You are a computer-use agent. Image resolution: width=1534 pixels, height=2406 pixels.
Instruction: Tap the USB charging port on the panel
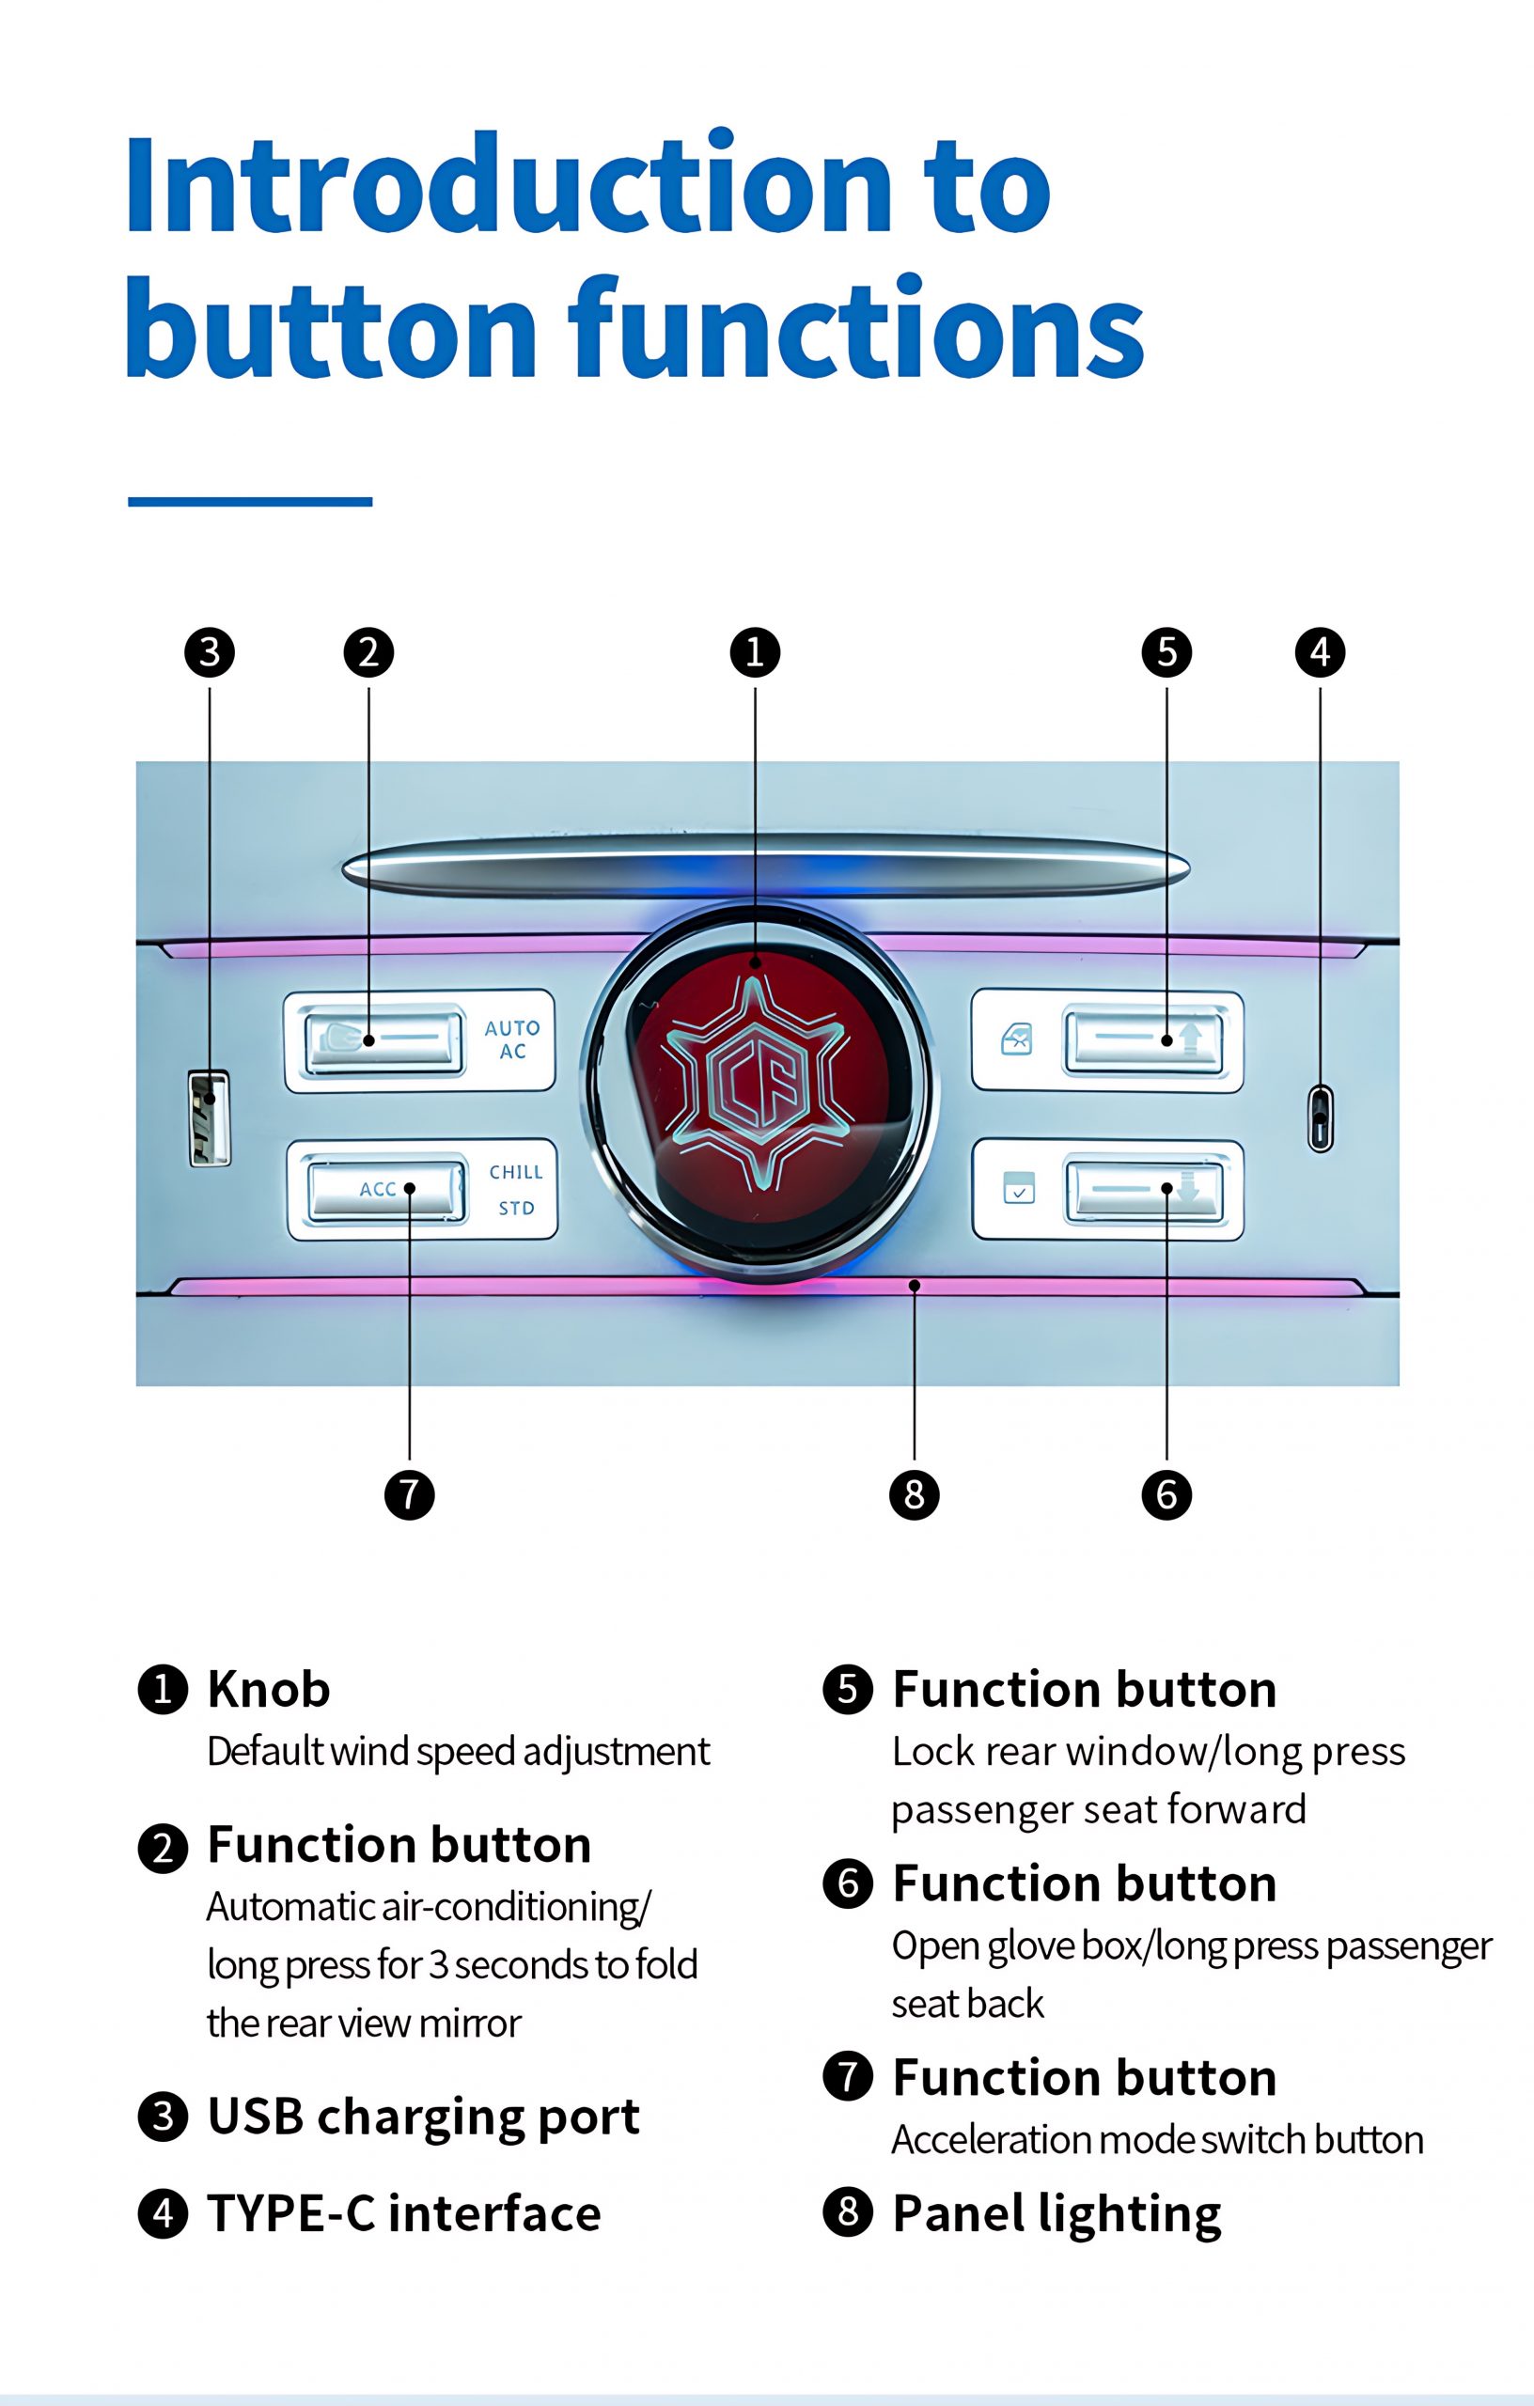click(209, 1117)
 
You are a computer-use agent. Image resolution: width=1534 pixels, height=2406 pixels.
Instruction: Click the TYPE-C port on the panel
click(1320, 1118)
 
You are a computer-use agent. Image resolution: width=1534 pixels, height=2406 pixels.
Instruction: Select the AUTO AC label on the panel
click(512, 1039)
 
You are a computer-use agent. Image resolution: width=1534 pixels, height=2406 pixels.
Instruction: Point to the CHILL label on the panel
click(516, 1171)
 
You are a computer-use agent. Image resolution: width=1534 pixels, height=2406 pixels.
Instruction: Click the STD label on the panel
click(517, 1208)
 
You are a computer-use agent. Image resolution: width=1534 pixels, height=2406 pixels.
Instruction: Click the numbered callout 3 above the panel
click(210, 652)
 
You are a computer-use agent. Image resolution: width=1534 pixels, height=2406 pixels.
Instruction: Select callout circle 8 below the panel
click(915, 1494)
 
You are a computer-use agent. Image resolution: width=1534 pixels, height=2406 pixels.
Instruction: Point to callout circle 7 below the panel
click(410, 1494)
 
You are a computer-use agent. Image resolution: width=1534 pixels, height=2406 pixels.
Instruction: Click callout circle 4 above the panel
click(1320, 652)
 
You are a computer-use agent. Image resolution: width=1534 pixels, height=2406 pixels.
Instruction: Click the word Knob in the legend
click(269, 1690)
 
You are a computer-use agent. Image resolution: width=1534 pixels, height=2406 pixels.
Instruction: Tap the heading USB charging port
click(423, 2116)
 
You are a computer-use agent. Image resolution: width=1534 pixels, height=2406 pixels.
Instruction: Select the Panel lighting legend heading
click(1057, 2212)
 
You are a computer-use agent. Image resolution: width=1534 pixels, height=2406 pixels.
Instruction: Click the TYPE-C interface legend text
click(404, 2212)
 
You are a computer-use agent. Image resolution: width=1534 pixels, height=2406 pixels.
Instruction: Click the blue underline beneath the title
click(250, 501)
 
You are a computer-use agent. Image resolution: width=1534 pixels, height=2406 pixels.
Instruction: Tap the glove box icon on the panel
click(1018, 1189)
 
